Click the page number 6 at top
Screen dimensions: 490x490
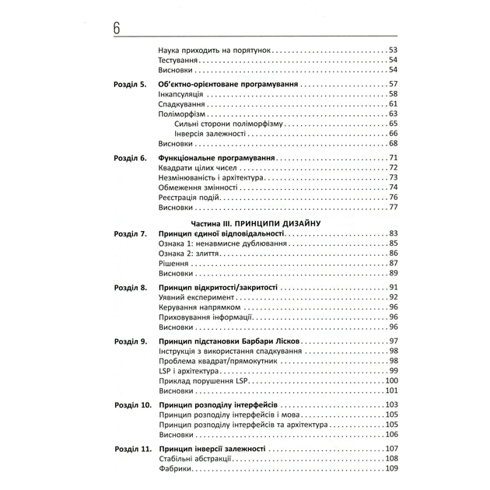coord(116,27)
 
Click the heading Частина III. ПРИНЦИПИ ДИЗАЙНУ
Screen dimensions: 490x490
coord(244,223)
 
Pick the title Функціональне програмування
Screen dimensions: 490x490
coord(207,159)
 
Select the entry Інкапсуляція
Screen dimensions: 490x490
coord(180,94)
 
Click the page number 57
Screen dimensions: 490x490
coord(393,84)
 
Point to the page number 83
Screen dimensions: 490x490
coord(393,234)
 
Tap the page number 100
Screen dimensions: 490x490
coord(391,380)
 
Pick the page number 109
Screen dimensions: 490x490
coord(391,468)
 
